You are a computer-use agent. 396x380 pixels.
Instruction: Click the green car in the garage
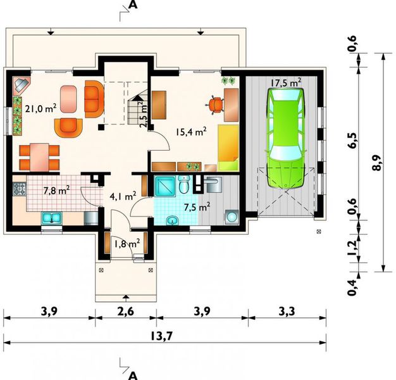pyautogui.click(x=286, y=138)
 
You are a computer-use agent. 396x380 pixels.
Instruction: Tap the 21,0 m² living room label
pyautogui.click(x=40, y=108)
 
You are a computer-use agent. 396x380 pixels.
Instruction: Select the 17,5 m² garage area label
pyautogui.click(x=286, y=82)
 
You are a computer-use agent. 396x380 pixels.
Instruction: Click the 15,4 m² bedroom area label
pyautogui.click(x=192, y=132)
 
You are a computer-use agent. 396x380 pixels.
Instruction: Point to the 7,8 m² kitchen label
pyautogui.click(x=56, y=191)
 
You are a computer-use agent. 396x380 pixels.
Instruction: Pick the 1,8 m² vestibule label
pyautogui.click(x=127, y=244)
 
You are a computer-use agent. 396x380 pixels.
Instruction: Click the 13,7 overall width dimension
pyautogui.click(x=161, y=336)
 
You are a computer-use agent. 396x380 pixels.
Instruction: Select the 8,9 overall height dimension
pyautogui.click(x=378, y=163)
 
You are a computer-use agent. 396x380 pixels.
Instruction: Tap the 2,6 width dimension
pyautogui.click(x=126, y=312)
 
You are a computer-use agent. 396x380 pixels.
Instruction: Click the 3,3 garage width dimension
pyautogui.click(x=287, y=312)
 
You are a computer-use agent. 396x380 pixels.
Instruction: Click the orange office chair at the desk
pyautogui.click(x=216, y=104)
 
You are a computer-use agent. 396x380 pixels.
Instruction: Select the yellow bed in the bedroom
pyautogui.click(x=228, y=148)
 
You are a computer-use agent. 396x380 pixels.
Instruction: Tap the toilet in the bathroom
pyautogui.click(x=184, y=185)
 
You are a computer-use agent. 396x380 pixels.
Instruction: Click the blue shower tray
pyautogui.click(x=165, y=186)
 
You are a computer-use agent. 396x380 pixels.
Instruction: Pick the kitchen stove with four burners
pyautogui.click(x=20, y=189)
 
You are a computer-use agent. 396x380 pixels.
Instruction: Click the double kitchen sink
pyautogui.click(x=51, y=218)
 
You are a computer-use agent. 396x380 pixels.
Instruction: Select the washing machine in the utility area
pyautogui.click(x=232, y=217)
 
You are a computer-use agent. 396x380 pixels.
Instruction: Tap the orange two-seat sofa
pyautogui.click(x=94, y=99)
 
